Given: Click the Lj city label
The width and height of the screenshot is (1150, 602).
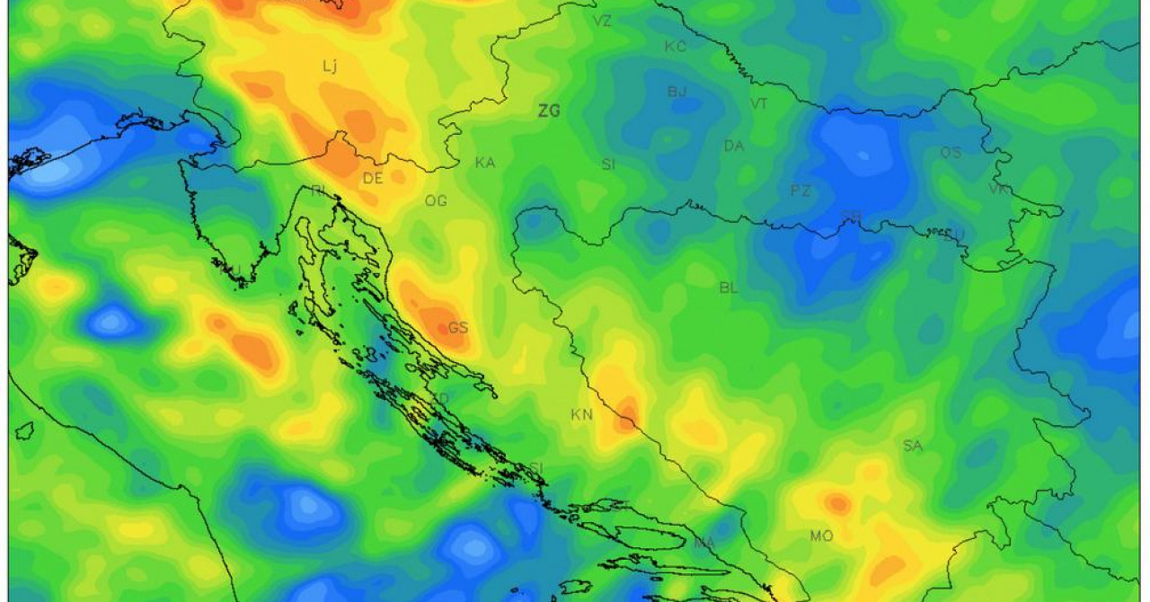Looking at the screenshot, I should click(330, 66).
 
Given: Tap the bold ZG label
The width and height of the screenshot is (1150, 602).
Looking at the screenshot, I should click(548, 111).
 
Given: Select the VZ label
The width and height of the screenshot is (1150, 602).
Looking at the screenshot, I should click(602, 21).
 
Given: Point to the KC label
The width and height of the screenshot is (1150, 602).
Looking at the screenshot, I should click(675, 47).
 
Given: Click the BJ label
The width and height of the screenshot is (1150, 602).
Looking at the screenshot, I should click(677, 92).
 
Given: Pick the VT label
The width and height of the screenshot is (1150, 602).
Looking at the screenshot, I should click(759, 104).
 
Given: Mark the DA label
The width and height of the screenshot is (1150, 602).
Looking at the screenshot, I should click(734, 146).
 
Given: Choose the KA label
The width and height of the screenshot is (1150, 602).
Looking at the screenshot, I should click(485, 163).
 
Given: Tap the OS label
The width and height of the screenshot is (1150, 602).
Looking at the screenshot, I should click(951, 153).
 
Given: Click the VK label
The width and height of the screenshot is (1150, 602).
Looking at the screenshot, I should click(998, 189).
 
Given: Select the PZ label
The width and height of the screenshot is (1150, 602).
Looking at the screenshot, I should click(800, 190).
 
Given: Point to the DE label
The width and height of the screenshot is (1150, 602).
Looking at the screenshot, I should click(372, 178).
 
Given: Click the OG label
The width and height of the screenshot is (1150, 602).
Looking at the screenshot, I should click(436, 201).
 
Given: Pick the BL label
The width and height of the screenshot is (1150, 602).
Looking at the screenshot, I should click(729, 288).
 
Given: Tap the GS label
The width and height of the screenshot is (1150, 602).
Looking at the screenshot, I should click(458, 328).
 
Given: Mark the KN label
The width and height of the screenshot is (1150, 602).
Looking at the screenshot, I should click(582, 415).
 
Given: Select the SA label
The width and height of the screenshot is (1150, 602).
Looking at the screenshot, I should click(913, 446).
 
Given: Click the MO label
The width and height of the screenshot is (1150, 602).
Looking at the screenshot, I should click(821, 536).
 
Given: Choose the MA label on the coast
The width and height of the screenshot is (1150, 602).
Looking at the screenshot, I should click(704, 543).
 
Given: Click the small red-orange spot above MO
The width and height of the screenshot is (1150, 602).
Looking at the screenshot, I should click(837, 503).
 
